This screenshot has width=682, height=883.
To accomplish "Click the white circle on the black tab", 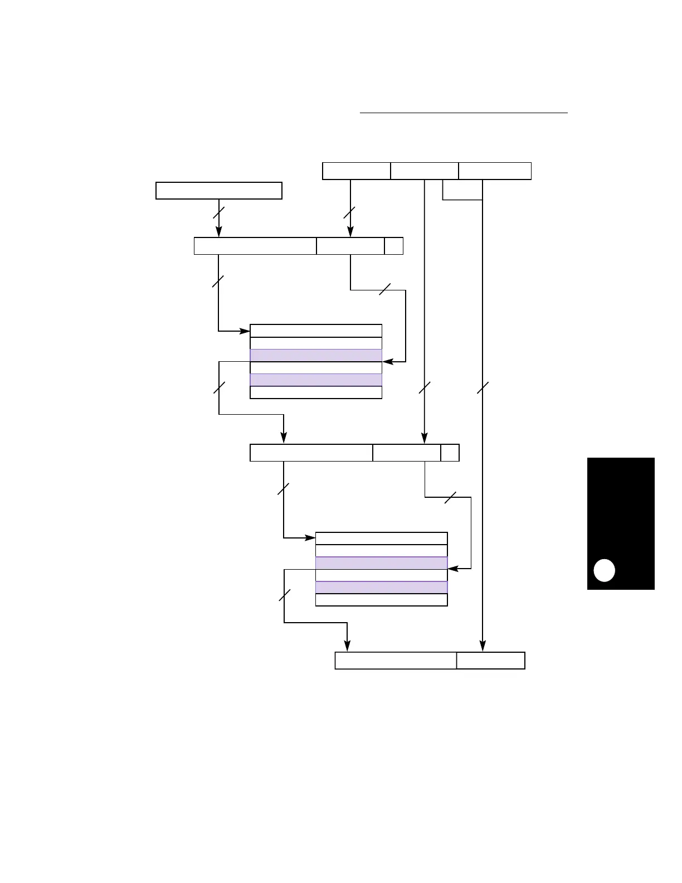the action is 604,570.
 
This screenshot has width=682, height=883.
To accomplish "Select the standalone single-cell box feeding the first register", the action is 218,190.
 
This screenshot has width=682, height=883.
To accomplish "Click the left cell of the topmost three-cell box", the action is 357,171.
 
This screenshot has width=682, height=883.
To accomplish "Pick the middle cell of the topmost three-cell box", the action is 425,171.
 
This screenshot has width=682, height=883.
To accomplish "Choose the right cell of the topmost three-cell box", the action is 495,171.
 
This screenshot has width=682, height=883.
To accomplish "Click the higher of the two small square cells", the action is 394,246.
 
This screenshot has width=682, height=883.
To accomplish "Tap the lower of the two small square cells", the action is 450,453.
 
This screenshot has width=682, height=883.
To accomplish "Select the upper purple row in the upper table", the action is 316,355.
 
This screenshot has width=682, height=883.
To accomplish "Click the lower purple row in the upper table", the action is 316,380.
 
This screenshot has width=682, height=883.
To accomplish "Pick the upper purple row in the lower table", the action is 381,562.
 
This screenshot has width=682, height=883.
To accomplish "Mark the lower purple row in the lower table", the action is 381,587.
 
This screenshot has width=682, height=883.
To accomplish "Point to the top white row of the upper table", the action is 316,331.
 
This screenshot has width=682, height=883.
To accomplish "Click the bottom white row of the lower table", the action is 381,600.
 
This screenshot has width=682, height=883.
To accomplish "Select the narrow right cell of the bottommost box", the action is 490,661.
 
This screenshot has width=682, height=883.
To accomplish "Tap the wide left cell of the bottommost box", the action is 396,661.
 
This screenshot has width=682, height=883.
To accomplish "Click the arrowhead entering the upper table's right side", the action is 387,362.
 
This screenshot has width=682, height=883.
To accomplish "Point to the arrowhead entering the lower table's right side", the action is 452,569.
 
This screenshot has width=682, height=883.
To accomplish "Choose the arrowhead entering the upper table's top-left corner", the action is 245,331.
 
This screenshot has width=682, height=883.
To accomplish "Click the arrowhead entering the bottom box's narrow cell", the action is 483,647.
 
